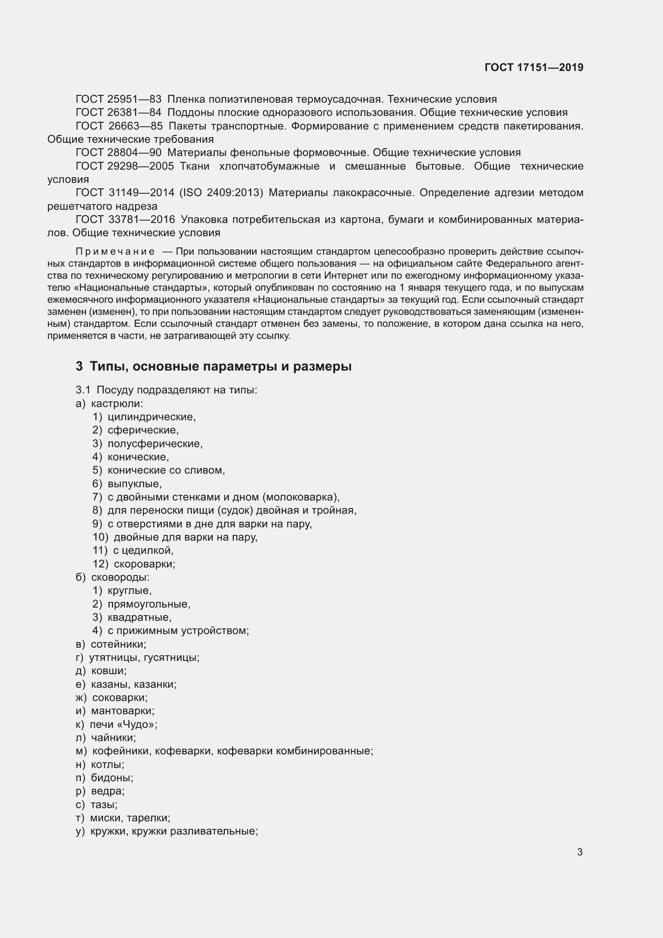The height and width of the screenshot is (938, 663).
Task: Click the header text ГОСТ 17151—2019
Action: pos(534,67)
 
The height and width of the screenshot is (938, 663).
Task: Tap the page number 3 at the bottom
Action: pos(580,852)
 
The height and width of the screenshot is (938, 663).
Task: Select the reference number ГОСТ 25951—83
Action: pos(118,99)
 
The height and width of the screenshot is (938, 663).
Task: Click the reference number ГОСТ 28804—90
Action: pos(118,153)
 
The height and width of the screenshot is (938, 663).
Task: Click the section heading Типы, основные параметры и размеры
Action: pos(220,367)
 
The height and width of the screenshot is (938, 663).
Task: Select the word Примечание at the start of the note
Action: pos(115,252)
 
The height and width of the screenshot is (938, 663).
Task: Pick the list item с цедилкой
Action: pos(143,551)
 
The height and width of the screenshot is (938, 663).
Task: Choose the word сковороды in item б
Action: pos(119,577)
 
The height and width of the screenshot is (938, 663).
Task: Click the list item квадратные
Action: pos(139,617)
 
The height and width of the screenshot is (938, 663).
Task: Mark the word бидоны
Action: pos(111,778)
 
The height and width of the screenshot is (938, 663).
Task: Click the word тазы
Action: pos(103,804)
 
